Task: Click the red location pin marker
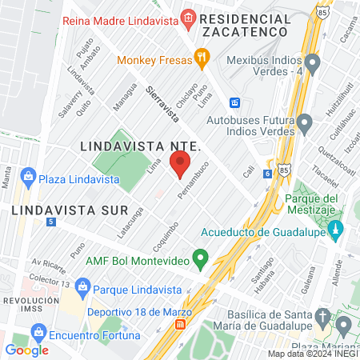pyautogui.click(x=180, y=166)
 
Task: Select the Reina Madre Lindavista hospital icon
pyautogui.click(x=188, y=17)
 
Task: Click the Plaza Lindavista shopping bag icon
pyautogui.click(x=28, y=176)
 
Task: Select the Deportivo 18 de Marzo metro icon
pyautogui.click(x=182, y=324)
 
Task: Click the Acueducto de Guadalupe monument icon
pyautogui.click(x=336, y=231)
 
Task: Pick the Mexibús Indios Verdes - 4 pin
pyautogui.click(x=312, y=62)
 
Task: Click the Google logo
pyautogui.click(x=27, y=350)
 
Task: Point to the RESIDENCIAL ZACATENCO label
pyautogui.click(x=246, y=24)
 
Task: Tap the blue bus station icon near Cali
pyautogui.click(x=235, y=102)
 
